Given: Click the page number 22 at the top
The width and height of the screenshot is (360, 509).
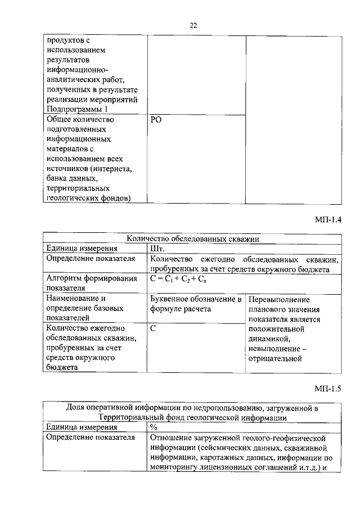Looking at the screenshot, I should pyautogui.click(x=193, y=25).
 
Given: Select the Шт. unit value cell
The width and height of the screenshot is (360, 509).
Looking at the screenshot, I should pyautogui.click(x=156, y=249).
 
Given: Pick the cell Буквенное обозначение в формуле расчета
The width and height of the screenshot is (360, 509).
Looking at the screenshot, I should pyautogui.click(x=196, y=304).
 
